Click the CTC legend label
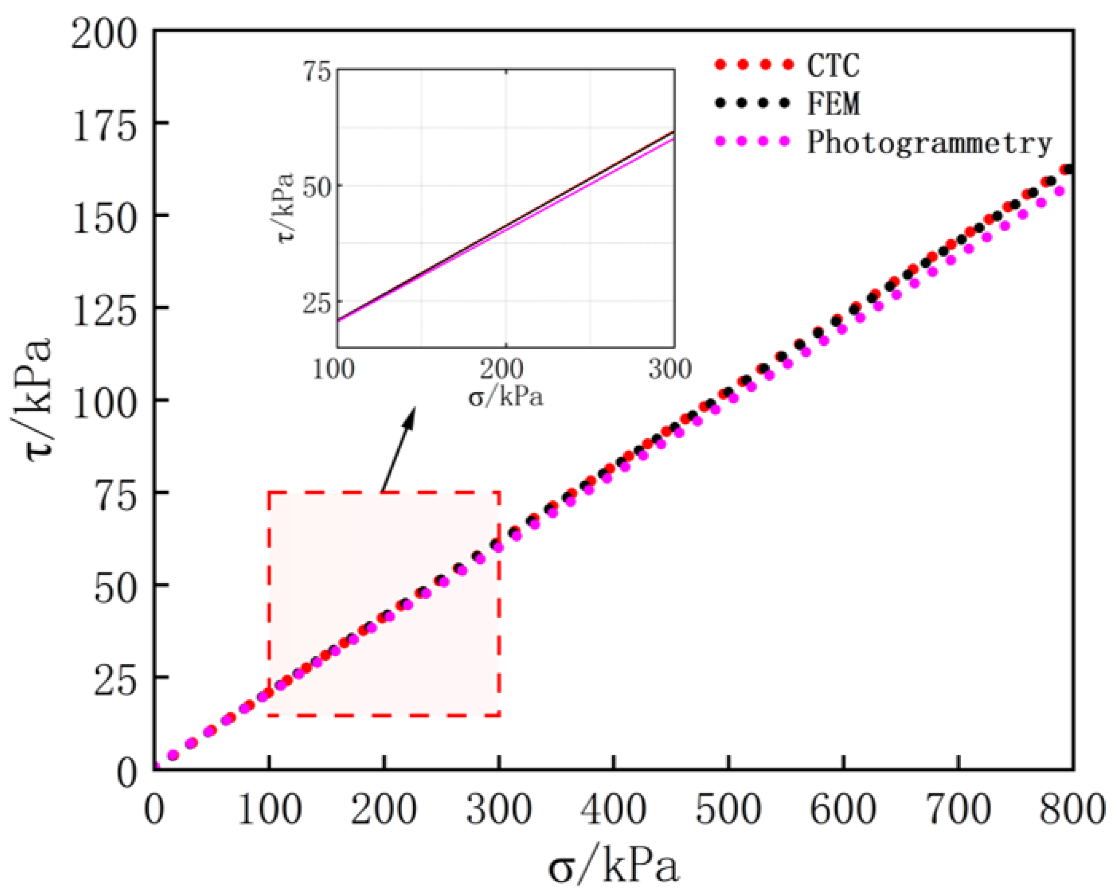832,65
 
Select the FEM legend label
832,103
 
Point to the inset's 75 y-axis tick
317,72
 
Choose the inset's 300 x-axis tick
670,369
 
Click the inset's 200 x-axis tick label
501,369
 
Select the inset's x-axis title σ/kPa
506,397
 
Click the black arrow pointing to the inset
399,448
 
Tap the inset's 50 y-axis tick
317,187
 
